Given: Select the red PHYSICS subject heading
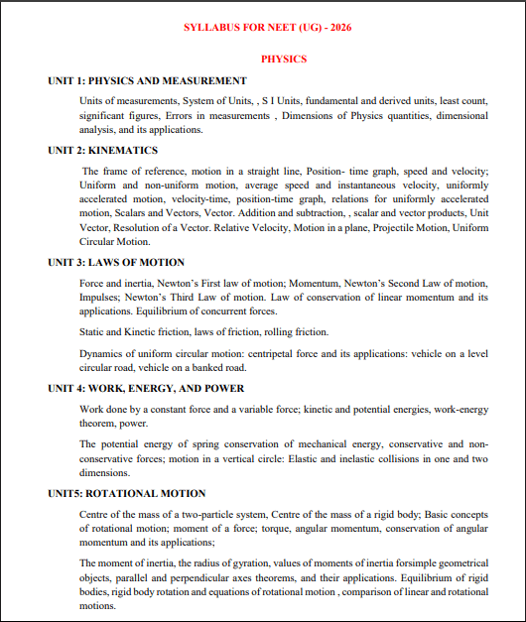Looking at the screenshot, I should tap(284, 60).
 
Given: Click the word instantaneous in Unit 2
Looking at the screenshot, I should tap(336, 186).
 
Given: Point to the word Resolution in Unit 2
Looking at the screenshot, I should tap(140, 227).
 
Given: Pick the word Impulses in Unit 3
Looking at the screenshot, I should tap(100, 298).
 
